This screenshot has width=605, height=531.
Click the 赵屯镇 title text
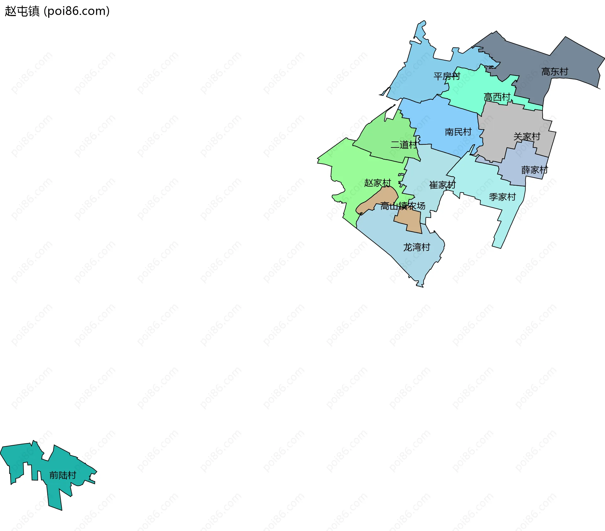pyautogui.click(x=22, y=11)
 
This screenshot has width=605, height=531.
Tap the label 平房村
pyautogui.click(x=447, y=76)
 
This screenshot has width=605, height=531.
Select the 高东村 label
pyautogui.click(x=555, y=72)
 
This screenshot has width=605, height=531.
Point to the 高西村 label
pyautogui.click(x=497, y=97)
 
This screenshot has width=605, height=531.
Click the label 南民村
pyautogui.click(x=458, y=132)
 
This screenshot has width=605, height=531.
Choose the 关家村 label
pyautogui.click(x=527, y=137)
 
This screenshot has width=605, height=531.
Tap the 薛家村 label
pyautogui.click(x=535, y=170)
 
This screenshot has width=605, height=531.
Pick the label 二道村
pyautogui.click(x=404, y=145)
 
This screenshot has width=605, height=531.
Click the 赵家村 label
pyautogui.click(x=377, y=183)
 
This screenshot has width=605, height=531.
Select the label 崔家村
pyautogui.click(x=442, y=185)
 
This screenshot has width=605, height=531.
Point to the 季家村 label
pyautogui.click(x=502, y=197)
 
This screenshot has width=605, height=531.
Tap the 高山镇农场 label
pyautogui.click(x=403, y=206)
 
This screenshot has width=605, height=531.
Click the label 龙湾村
pyautogui.click(x=417, y=247)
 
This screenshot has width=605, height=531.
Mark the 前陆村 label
pyautogui.click(x=63, y=475)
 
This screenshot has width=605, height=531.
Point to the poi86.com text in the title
pyautogui.click(x=77, y=11)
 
